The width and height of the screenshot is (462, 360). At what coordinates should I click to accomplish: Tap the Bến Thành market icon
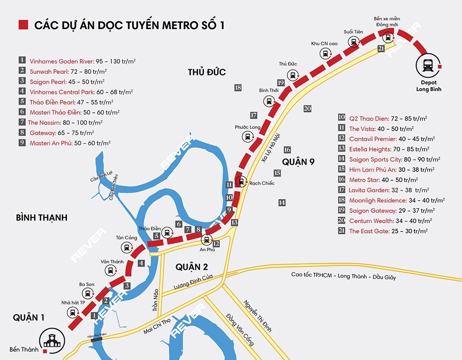[50, 341]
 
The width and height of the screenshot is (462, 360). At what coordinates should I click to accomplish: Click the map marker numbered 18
[238, 87]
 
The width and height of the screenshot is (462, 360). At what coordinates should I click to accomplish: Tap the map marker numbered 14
[281, 202]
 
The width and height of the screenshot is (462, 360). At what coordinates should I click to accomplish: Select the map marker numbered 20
[308, 109]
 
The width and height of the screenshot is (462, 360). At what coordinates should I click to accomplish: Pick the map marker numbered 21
[381, 48]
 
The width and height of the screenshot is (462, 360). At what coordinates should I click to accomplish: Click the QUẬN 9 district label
[298, 161]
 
